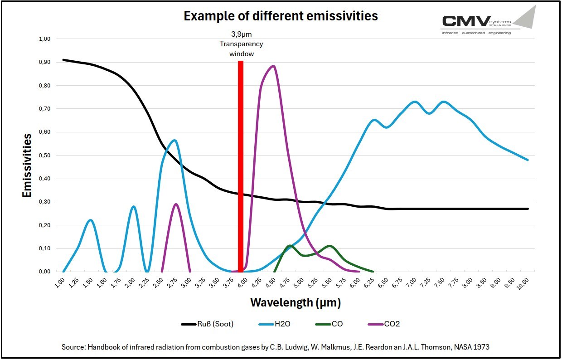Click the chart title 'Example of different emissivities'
coord(281,16)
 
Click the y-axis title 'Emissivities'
coord(27,165)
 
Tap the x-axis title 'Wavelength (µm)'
coord(295,302)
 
